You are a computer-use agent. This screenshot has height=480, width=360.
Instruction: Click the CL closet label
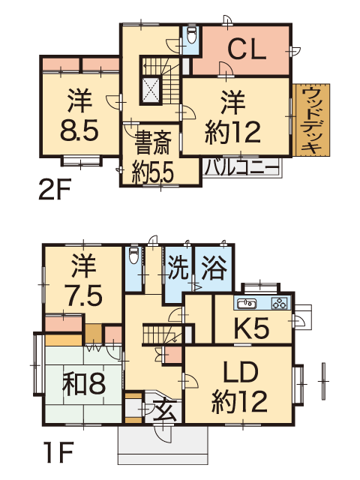click(x=247, y=49)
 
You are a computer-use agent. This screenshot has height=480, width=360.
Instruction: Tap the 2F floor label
click(x=55, y=189)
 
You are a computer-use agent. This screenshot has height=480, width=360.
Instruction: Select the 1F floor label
click(x=58, y=451)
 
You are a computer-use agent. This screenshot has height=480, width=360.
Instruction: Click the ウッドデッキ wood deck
click(x=312, y=120)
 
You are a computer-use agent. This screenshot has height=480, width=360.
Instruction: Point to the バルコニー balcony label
click(x=241, y=167)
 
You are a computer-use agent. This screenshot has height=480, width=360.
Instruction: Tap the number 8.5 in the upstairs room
click(x=79, y=130)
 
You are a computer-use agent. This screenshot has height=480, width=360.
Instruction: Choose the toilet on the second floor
click(x=192, y=35)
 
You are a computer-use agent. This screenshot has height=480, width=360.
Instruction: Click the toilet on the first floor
click(x=133, y=255)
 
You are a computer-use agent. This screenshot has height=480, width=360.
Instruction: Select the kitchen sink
click(x=246, y=303)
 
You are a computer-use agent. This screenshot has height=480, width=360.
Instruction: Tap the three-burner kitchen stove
click(x=280, y=303)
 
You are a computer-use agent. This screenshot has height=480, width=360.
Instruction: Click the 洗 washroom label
click(x=178, y=268)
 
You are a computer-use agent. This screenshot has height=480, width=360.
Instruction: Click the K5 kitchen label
click(x=252, y=328)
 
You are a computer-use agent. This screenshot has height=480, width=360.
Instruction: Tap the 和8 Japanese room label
click(x=84, y=383)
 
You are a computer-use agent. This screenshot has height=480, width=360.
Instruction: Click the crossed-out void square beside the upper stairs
click(x=151, y=89)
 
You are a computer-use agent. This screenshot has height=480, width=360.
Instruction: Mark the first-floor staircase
click(x=160, y=334)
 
